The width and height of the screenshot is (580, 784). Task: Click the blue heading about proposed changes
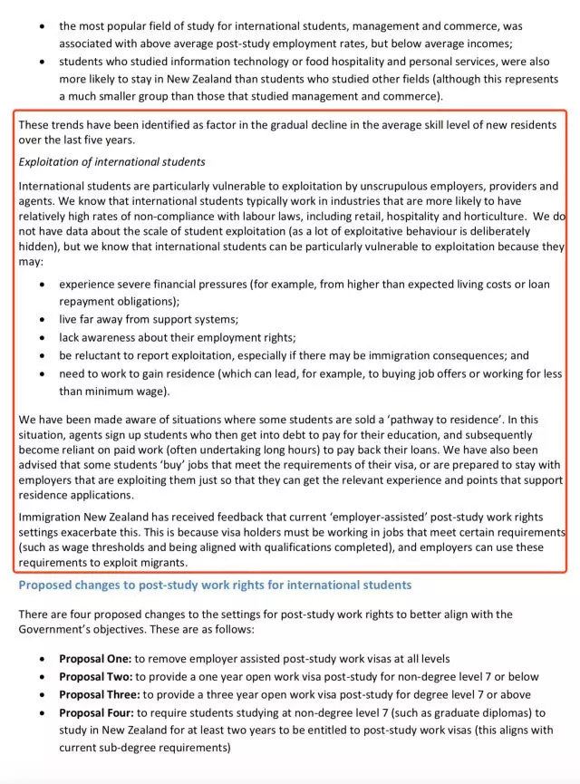tap(215, 586)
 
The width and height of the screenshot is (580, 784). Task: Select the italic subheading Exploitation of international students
tap(112, 162)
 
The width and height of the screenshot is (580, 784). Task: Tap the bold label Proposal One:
tap(96, 658)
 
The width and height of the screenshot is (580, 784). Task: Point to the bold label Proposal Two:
tap(96, 676)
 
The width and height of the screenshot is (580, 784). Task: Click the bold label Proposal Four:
tap(98, 713)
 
